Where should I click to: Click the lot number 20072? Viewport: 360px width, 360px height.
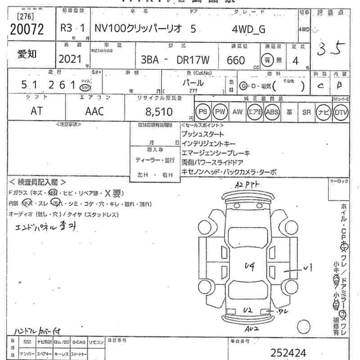(x=27, y=30)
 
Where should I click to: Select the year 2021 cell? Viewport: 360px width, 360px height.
(x=70, y=58)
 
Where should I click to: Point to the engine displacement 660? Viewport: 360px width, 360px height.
(x=236, y=60)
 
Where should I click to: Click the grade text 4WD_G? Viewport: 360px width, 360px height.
(x=248, y=29)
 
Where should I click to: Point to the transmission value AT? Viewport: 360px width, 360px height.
(x=37, y=111)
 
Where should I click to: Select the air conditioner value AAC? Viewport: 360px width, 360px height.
(x=94, y=111)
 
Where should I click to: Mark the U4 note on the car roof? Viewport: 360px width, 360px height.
(x=249, y=267)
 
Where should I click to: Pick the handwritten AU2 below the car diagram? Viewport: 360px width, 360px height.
(x=252, y=329)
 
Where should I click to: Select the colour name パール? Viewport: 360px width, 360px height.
(x=193, y=83)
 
